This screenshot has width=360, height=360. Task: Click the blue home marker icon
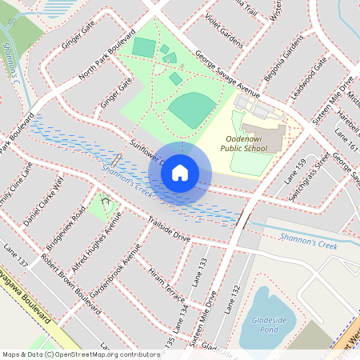tap(180, 173)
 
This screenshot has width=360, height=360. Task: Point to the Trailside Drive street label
tap(168, 230)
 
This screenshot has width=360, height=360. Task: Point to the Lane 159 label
tap(296, 171)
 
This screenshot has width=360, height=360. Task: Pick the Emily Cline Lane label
tap(17, 186)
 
